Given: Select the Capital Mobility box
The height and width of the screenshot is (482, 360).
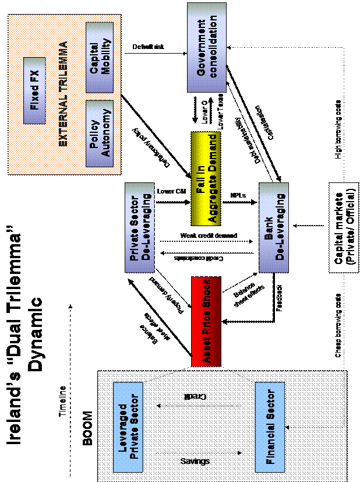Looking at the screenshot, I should (99, 57).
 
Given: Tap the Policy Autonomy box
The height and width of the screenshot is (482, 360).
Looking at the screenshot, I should (99, 133).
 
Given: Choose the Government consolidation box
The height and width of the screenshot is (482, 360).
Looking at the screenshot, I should (206, 47).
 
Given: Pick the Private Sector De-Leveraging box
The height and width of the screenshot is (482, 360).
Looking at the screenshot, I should (140, 227).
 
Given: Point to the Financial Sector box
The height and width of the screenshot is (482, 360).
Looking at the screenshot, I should (270, 427).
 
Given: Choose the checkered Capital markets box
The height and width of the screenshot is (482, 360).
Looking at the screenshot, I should (343, 228).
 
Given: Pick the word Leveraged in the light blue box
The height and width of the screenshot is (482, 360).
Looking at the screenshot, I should (123, 427).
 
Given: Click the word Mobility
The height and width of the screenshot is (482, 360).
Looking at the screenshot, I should (106, 57).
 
